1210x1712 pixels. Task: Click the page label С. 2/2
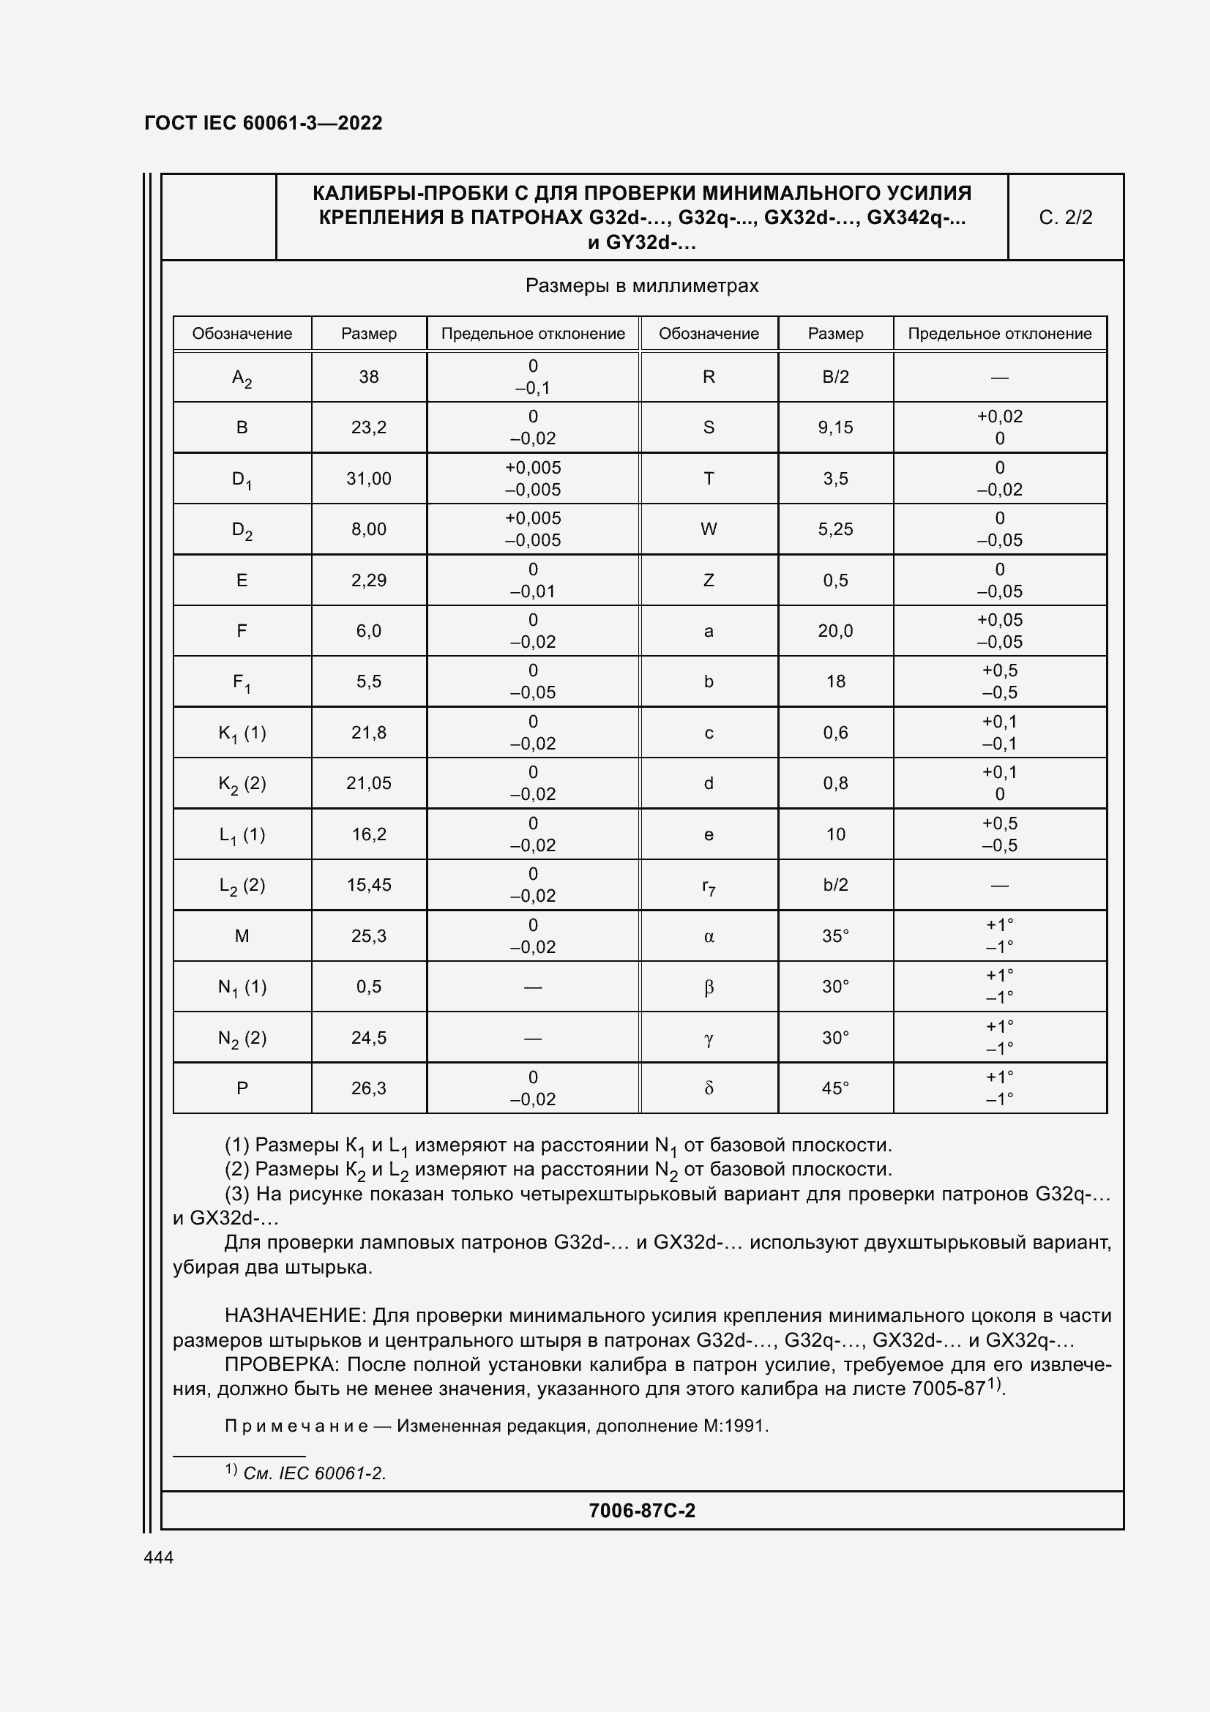1064,217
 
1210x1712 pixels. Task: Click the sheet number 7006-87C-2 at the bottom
641,1510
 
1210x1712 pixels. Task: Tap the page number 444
159,1557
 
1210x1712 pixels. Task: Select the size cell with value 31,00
369,479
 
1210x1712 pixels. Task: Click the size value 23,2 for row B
369,427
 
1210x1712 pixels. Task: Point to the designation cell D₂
242,530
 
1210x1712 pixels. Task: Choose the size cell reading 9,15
835,427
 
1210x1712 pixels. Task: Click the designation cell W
709,529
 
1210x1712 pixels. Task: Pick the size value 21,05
369,783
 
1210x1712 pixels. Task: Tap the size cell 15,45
369,885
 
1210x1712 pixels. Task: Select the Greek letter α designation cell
709,936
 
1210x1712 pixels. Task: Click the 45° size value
835,1088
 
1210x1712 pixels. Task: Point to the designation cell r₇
709,886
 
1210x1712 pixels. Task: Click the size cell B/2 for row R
835,377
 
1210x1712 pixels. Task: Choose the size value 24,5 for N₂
369,1038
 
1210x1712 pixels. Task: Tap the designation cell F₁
242,682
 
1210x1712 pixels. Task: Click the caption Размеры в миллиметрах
641,286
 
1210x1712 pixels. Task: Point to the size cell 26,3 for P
369,1088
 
